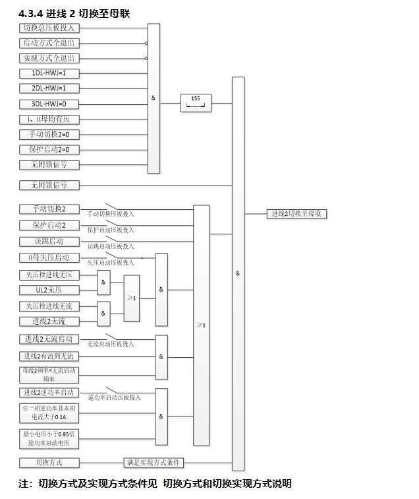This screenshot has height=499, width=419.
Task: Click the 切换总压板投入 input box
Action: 49,28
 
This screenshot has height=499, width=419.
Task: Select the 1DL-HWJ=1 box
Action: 49,73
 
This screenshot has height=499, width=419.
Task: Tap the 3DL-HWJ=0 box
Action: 49,104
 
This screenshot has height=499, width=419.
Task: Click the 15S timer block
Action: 195,102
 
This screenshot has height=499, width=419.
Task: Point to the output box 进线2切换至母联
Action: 296,214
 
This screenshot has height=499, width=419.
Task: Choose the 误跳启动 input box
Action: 49,242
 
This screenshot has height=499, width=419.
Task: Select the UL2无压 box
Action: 49,290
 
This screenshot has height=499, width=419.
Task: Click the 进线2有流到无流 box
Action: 49,356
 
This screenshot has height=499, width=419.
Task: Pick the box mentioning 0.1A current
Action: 49,413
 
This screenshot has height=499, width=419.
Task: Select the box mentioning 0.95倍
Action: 49,438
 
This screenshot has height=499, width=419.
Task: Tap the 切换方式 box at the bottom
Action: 49,463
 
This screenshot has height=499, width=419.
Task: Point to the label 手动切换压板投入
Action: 111,215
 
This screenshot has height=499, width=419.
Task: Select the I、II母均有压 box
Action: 49,119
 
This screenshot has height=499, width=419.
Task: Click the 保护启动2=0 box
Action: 49,150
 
